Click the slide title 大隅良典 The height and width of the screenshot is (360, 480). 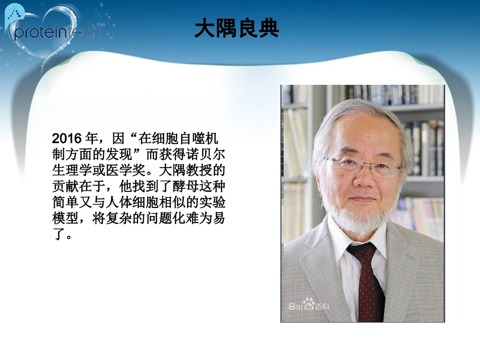(x=237, y=29)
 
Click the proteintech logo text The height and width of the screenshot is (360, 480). (x=58, y=31)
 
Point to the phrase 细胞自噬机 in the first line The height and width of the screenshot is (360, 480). (x=187, y=138)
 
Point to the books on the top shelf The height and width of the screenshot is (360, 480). (x=384, y=93)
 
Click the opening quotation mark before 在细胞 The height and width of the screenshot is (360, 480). (x=134, y=135)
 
